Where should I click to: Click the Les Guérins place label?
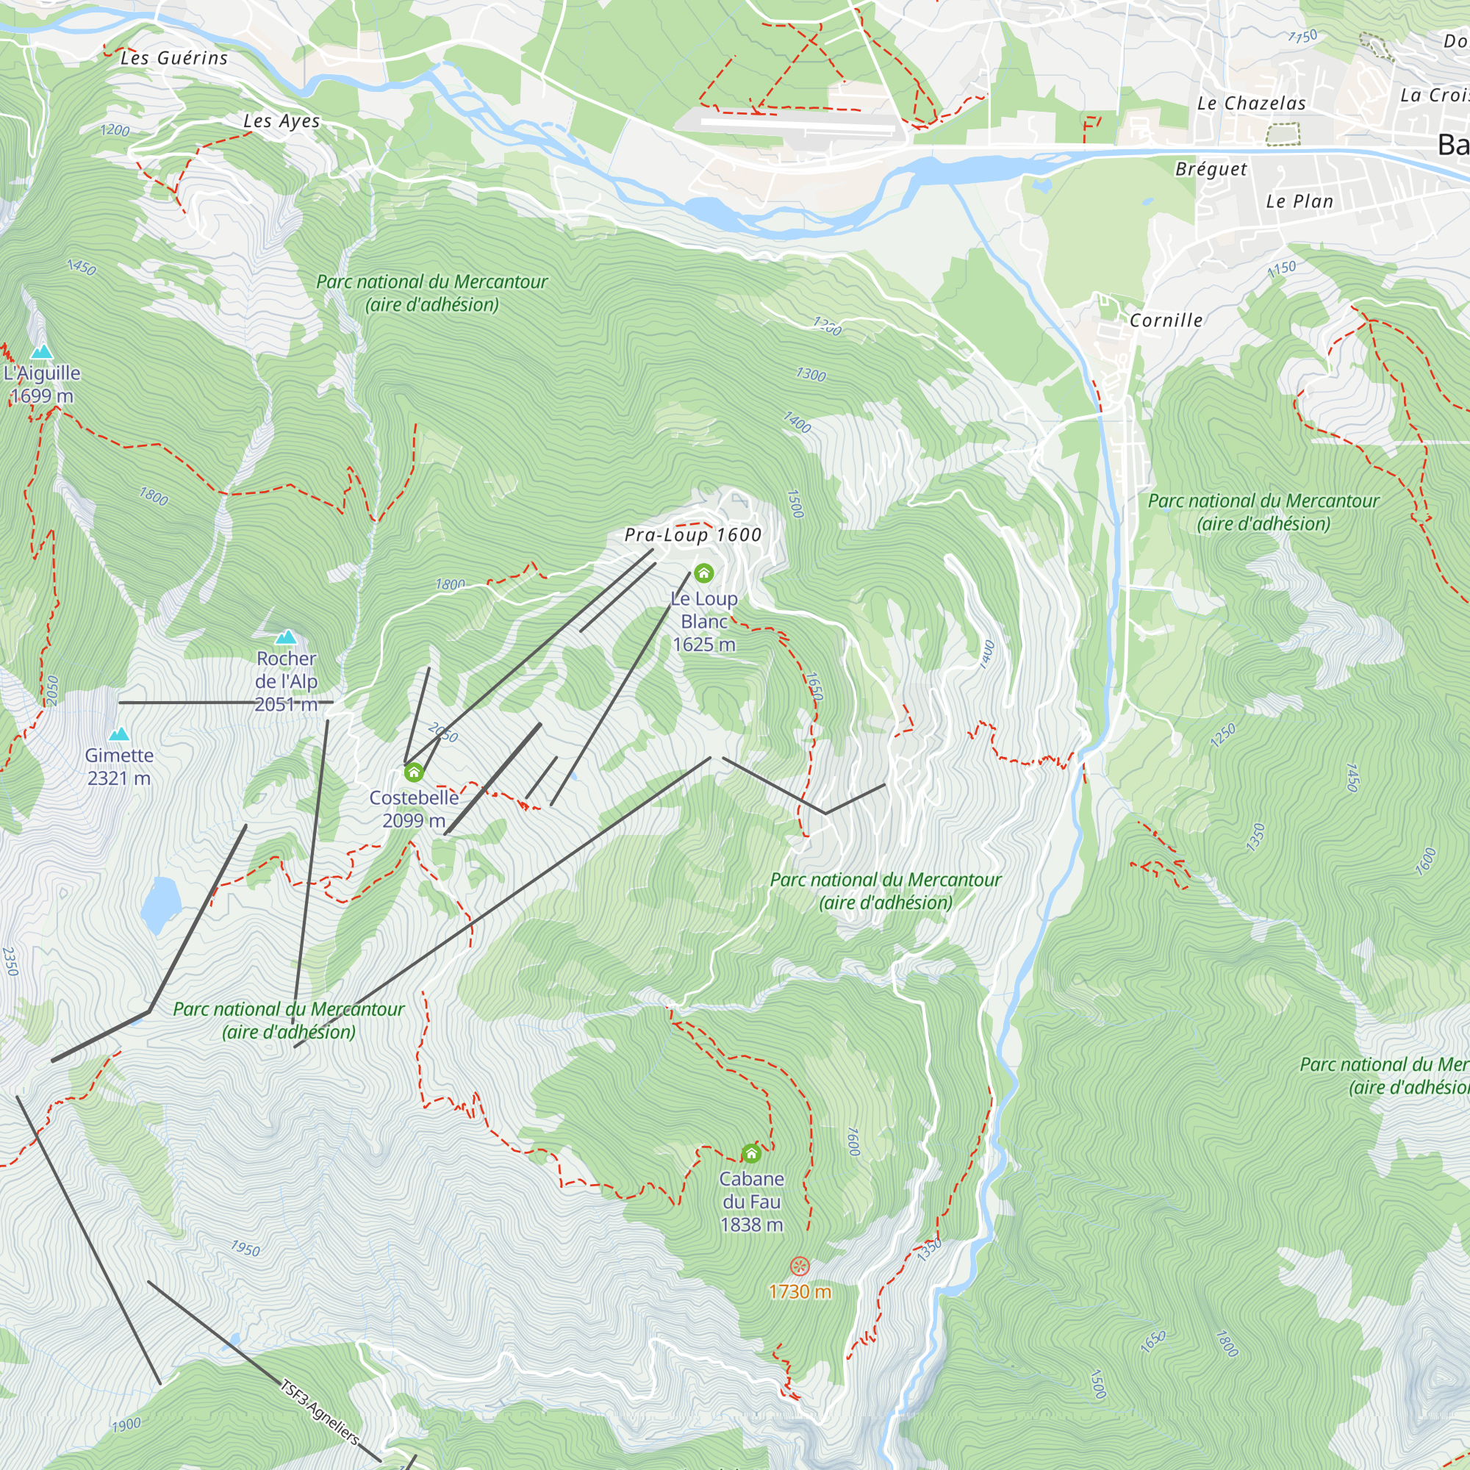(x=174, y=58)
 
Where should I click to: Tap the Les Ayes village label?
(x=282, y=121)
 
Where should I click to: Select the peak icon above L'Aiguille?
(x=42, y=351)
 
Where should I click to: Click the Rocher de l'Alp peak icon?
(x=286, y=637)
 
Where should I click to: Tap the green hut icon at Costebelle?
(x=414, y=773)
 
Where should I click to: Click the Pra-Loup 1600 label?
(x=692, y=535)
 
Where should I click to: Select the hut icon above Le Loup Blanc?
(x=704, y=573)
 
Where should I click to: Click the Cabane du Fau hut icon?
(x=752, y=1154)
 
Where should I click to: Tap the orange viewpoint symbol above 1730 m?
(x=800, y=1266)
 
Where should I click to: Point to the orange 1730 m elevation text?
(x=800, y=1292)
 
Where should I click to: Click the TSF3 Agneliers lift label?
(x=320, y=1411)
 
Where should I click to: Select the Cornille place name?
(x=1166, y=320)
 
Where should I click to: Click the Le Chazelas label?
(x=1252, y=104)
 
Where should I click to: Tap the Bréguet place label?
(x=1211, y=169)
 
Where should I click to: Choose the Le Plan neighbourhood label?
(x=1299, y=201)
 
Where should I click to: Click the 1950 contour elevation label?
(x=245, y=1249)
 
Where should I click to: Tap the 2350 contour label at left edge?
(x=10, y=961)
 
